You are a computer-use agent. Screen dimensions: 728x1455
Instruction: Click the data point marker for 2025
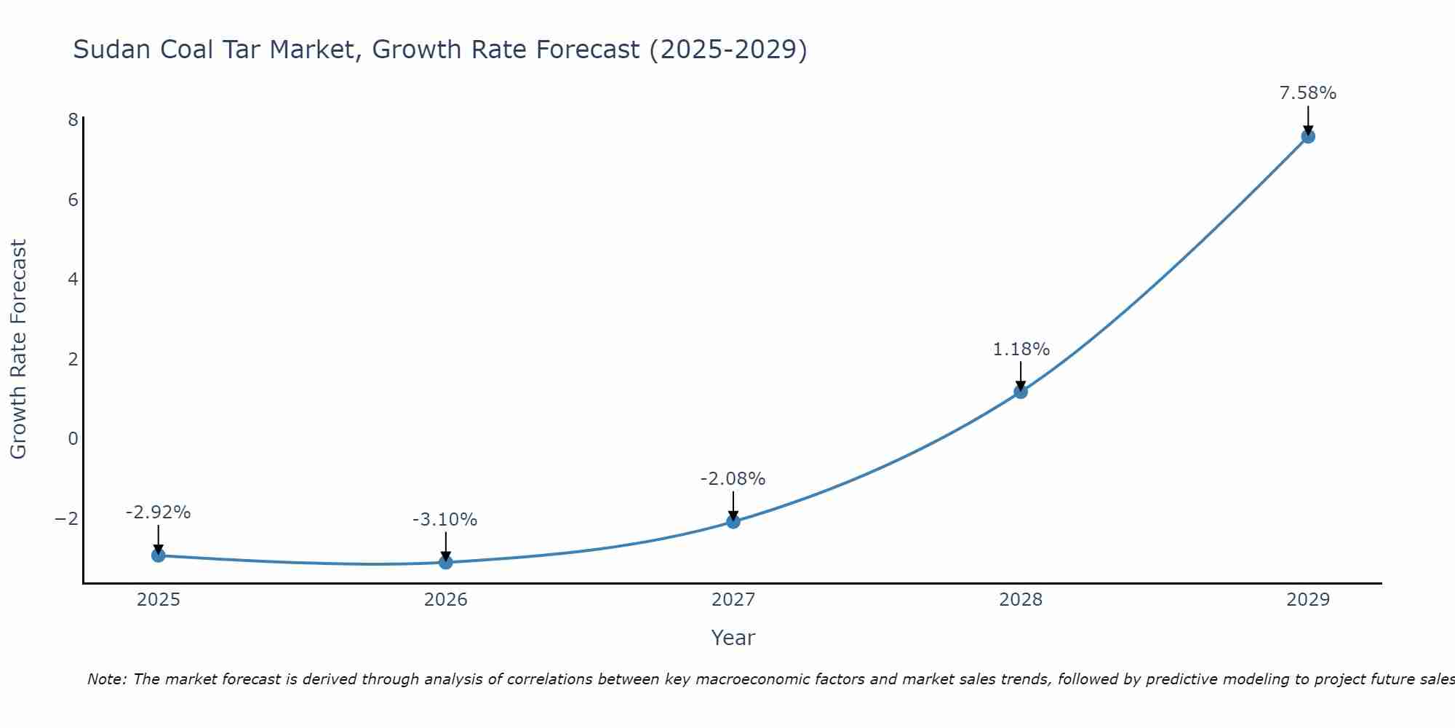pos(159,555)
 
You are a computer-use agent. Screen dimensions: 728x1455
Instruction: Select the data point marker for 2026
pos(446,562)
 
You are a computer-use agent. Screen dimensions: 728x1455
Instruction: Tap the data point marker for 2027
pos(733,521)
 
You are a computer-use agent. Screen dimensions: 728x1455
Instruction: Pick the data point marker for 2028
pos(1021,392)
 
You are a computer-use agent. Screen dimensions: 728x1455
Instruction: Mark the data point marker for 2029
pos(1308,136)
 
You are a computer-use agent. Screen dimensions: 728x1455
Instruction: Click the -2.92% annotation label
pos(158,513)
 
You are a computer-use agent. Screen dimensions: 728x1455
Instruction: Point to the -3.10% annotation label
pos(445,520)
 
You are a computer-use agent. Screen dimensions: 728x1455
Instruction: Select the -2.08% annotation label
pos(733,479)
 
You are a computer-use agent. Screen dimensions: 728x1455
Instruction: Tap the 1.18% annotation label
pos(1021,349)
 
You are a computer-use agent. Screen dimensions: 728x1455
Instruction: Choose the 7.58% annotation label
pos(1307,93)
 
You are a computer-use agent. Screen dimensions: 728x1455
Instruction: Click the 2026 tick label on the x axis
pos(446,600)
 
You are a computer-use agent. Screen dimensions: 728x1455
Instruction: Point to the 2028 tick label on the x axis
pos(1021,600)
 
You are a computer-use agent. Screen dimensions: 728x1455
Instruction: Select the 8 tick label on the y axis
pos(73,119)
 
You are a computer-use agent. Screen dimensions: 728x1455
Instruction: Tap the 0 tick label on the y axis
pos(73,438)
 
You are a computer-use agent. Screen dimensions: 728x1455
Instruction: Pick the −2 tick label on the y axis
pos(67,518)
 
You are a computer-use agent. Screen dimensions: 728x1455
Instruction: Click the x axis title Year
pos(733,638)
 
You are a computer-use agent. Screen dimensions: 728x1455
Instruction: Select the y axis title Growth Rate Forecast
pos(18,349)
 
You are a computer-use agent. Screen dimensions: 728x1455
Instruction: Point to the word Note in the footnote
pos(106,679)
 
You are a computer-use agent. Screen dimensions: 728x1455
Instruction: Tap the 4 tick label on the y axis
pos(73,279)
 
